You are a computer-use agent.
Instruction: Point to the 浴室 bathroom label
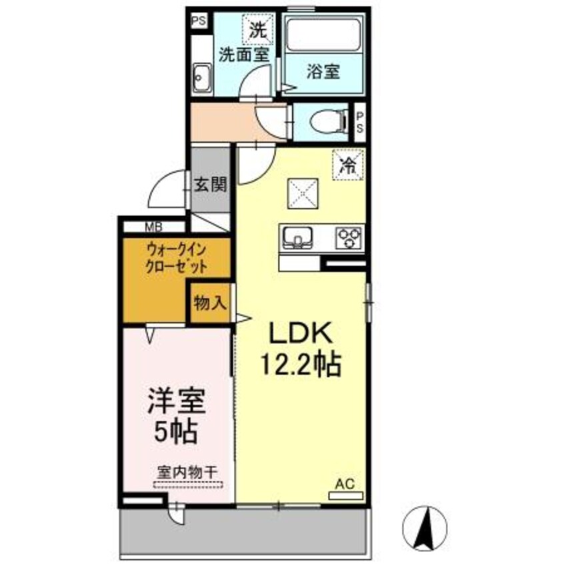(323, 71)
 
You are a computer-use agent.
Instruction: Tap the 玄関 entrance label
(211, 184)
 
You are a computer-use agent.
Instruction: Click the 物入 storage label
(210, 303)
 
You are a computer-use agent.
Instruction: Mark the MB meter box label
(153, 225)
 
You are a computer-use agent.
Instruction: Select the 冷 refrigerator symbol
(347, 164)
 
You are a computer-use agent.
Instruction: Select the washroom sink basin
(201, 78)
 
